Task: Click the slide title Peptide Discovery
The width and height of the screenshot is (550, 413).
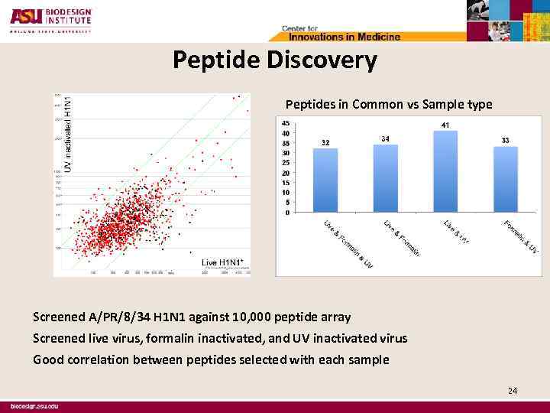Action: pyautogui.click(x=274, y=60)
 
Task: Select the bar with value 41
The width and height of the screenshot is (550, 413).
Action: pyautogui.click(x=445, y=171)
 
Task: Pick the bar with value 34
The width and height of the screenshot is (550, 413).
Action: pyautogui.click(x=385, y=178)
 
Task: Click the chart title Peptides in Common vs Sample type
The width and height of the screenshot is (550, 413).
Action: pyautogui.click(x=388, y=104)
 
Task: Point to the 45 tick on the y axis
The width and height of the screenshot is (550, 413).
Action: pyautogui.click(x=285, y=123)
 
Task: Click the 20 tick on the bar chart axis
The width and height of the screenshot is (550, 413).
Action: pyautogui.click(x=285, y=173)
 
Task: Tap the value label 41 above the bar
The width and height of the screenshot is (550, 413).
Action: pyautogui.click(x=445, y=125)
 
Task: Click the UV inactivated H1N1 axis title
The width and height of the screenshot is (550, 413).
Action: pyautogui.click(x=67, y=133)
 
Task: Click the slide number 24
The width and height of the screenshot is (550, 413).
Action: pyautogui.click(x=513, y=391)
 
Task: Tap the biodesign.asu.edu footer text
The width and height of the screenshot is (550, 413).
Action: pyautogui.click(x=34, y=406)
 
